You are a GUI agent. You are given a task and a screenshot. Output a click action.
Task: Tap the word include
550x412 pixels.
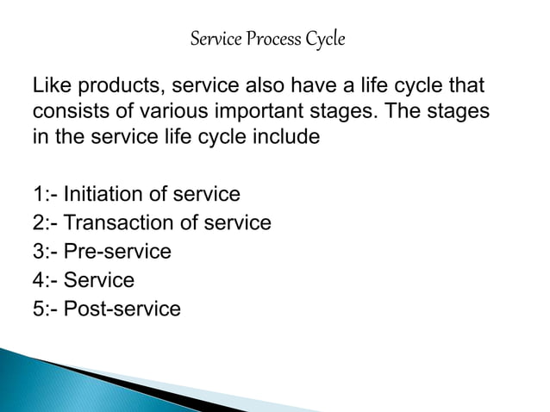(288, 137)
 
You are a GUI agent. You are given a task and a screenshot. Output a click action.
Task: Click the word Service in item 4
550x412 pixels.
(100, 280)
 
